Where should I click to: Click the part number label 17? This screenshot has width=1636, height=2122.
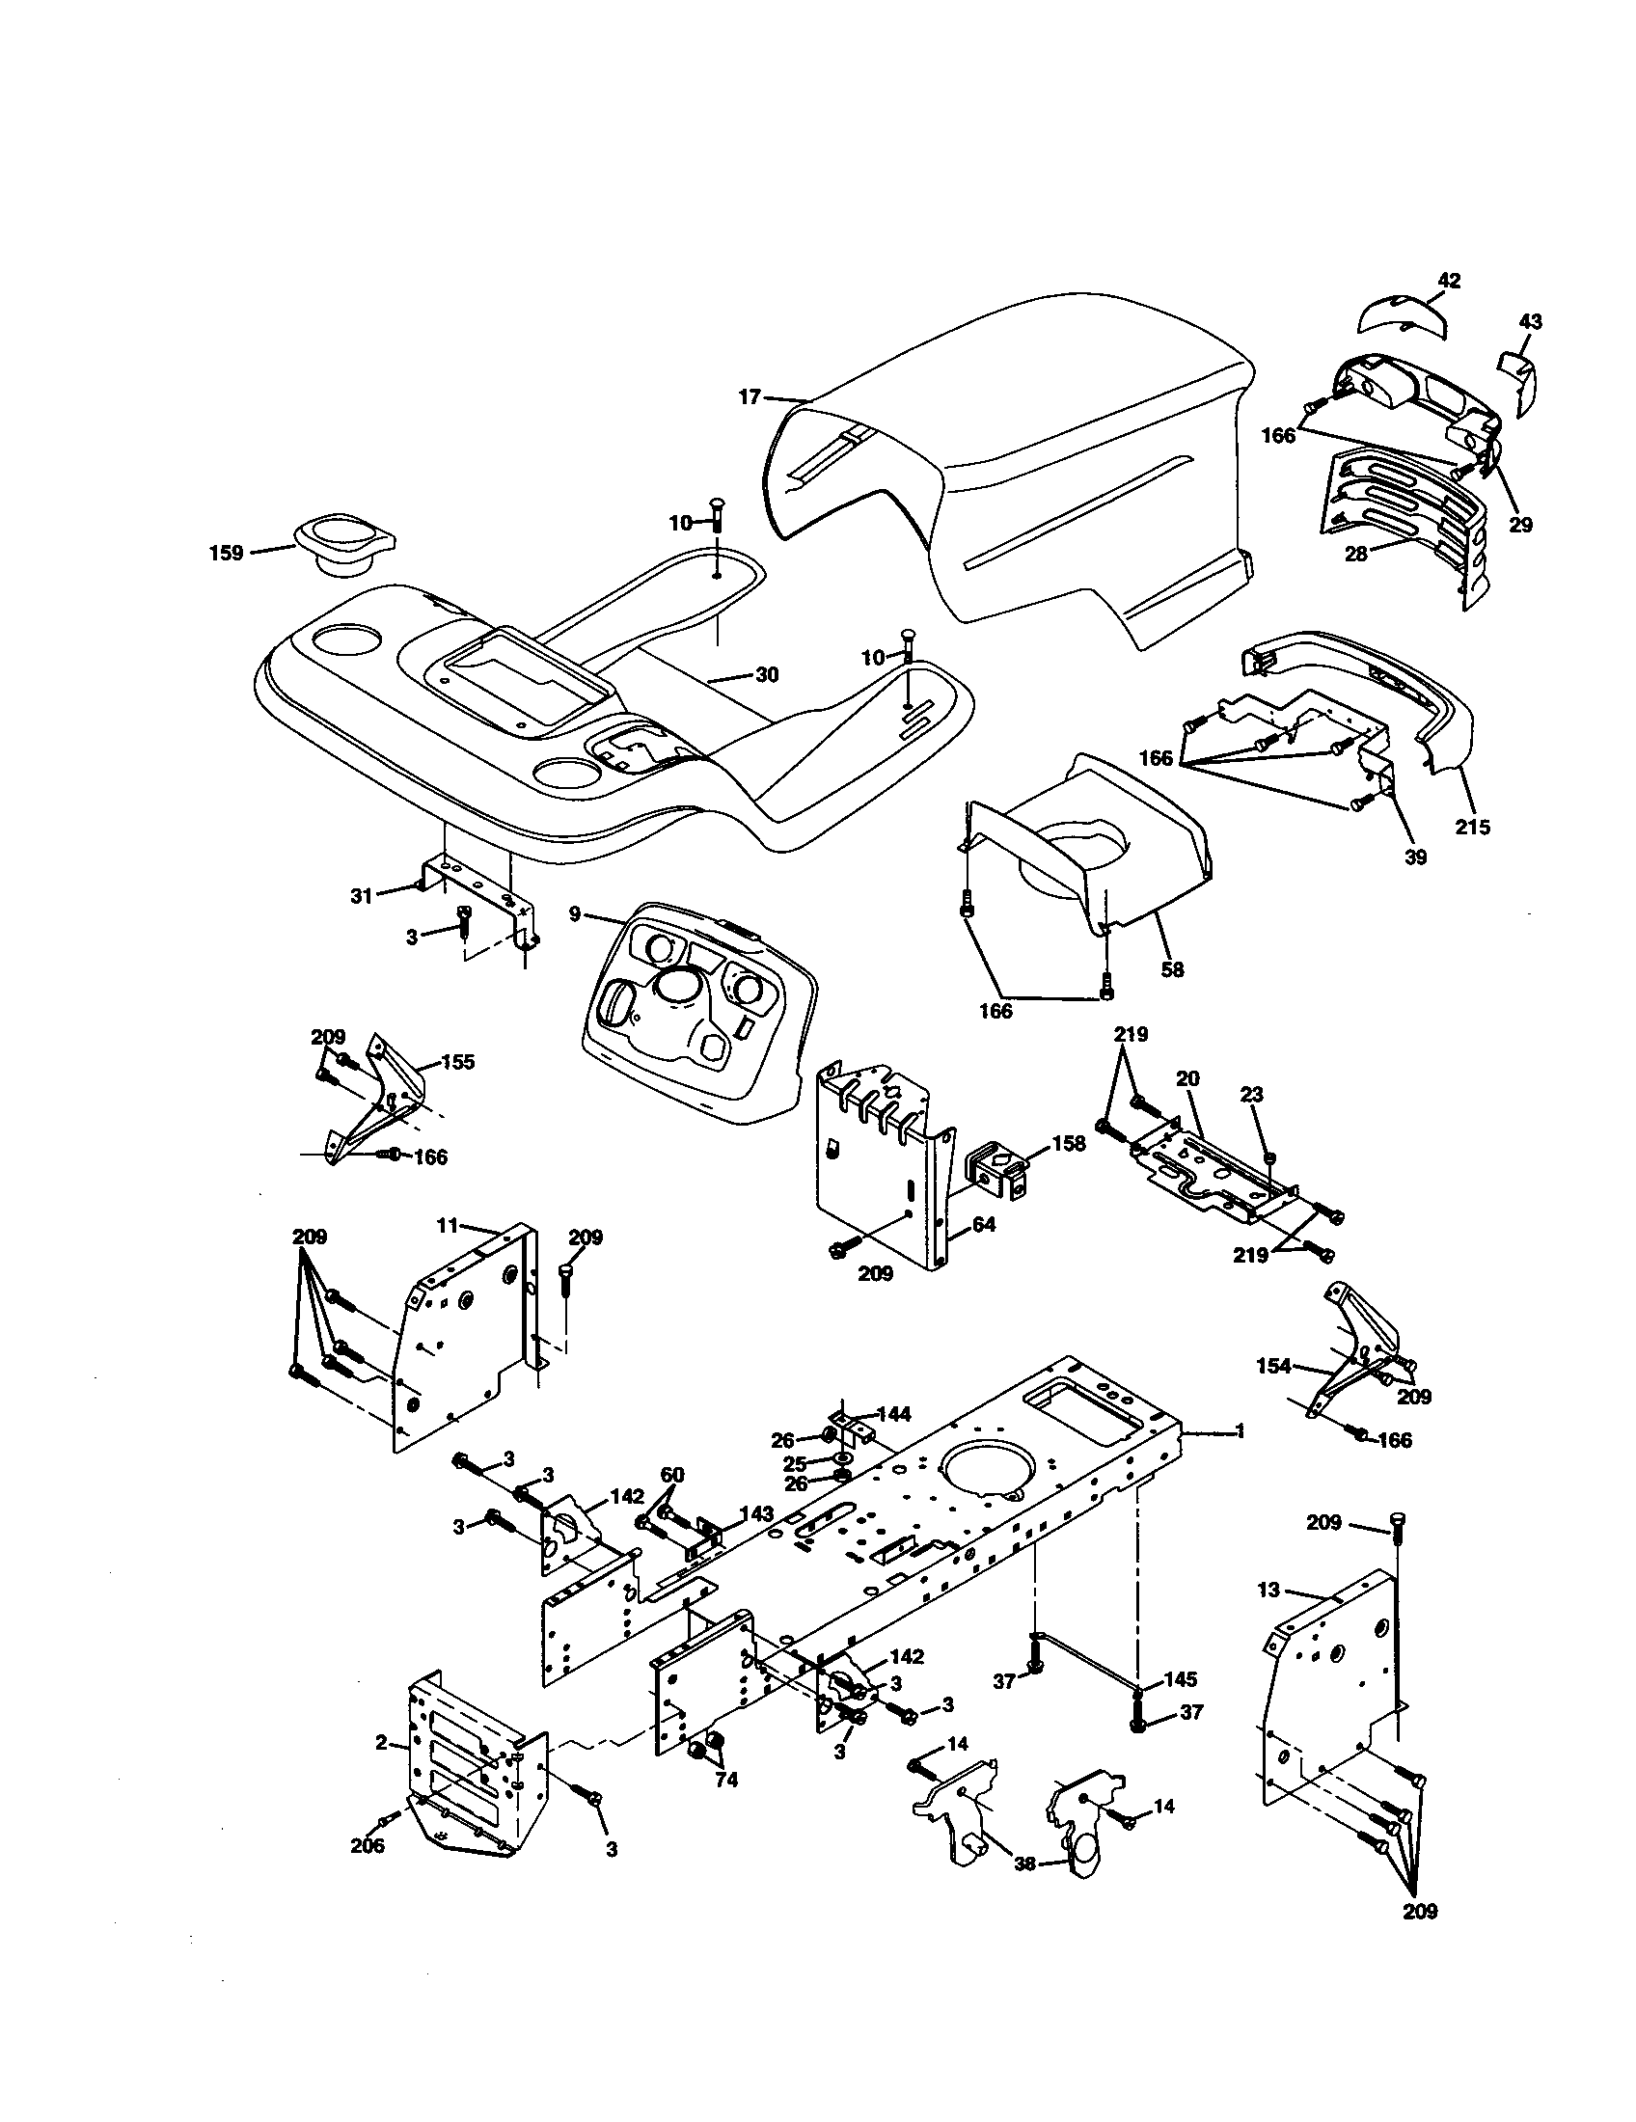[x=749, y=397]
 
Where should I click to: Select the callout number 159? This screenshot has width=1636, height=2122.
[x=227, y=555]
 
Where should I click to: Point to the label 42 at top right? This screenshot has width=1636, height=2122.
[x=1449, y=281]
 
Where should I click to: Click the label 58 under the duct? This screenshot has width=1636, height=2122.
[x=1173, y=968]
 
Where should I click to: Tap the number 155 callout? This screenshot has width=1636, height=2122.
[x=457, y=1062]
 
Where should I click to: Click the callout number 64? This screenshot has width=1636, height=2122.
[x=984, y=1225]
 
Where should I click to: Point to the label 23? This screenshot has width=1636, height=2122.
[x=1252, y=1095]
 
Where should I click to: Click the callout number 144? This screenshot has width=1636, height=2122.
[x=893, y=1415]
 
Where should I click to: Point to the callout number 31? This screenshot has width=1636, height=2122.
[x=362, y=896]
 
